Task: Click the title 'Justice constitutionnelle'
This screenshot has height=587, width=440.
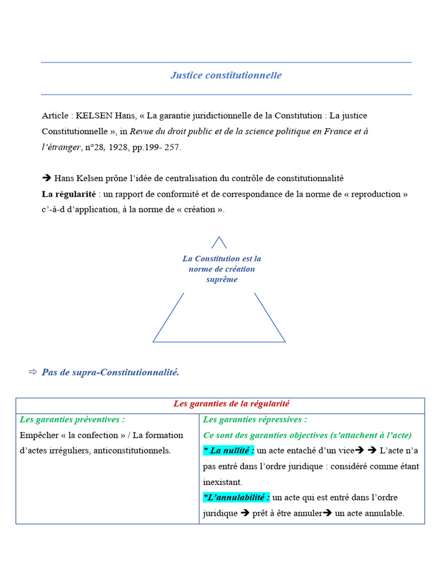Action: coord(226,75)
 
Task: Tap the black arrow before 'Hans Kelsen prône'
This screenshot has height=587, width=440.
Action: coord(47,178)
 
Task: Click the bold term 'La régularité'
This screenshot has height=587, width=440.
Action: coord(67,194)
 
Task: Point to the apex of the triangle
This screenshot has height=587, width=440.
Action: coord(219,237)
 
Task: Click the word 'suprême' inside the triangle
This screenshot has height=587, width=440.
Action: coord(222,280)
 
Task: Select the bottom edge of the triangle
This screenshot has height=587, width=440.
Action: coord(219,342)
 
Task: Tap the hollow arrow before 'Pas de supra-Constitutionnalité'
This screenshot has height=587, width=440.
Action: coord(33,373)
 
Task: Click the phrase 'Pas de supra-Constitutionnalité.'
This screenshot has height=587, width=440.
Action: coord(111,373)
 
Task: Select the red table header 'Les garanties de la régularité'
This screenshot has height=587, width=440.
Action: coord(235,404)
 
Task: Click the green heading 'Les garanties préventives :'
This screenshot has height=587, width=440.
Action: coord(72,420)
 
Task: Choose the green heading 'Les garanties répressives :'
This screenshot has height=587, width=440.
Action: coord(255,420)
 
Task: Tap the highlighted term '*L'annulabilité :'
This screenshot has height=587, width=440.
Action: coord(237,498)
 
